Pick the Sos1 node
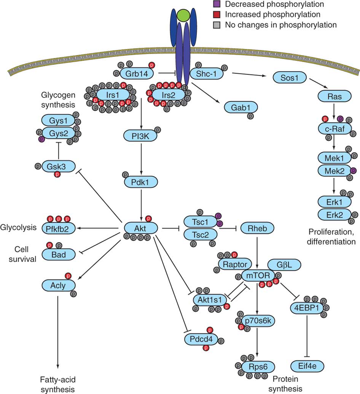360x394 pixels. point(290,78)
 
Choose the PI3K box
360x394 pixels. point(140,135)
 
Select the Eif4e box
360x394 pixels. point(307,366)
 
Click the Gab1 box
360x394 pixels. point(241,107)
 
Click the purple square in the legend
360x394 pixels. point(217,5)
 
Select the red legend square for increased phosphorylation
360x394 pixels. point(217,15)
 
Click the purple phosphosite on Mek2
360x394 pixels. point(353,171)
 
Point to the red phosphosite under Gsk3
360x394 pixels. point(57,174)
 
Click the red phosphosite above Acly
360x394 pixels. point(68,275)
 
